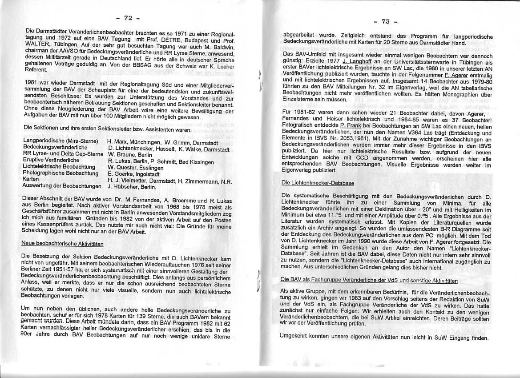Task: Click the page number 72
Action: pyautogui.click(x=128, y=18)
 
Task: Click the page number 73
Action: pyautogui.click(x=386, y=21)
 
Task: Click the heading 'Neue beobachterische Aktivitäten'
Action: pyautogui.click(x=62, y=244)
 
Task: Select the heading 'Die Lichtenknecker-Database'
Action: pyautogui.click(x=318, y=183)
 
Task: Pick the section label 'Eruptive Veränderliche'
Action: pyautogui.click(x=51, y=160)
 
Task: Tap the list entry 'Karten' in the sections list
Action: pyautogui.click(x=30, y=179)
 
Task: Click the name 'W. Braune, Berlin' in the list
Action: pyautogui.click(x=130, y=155)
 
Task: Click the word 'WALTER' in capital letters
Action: pyautogui.click(x=36, y=44)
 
